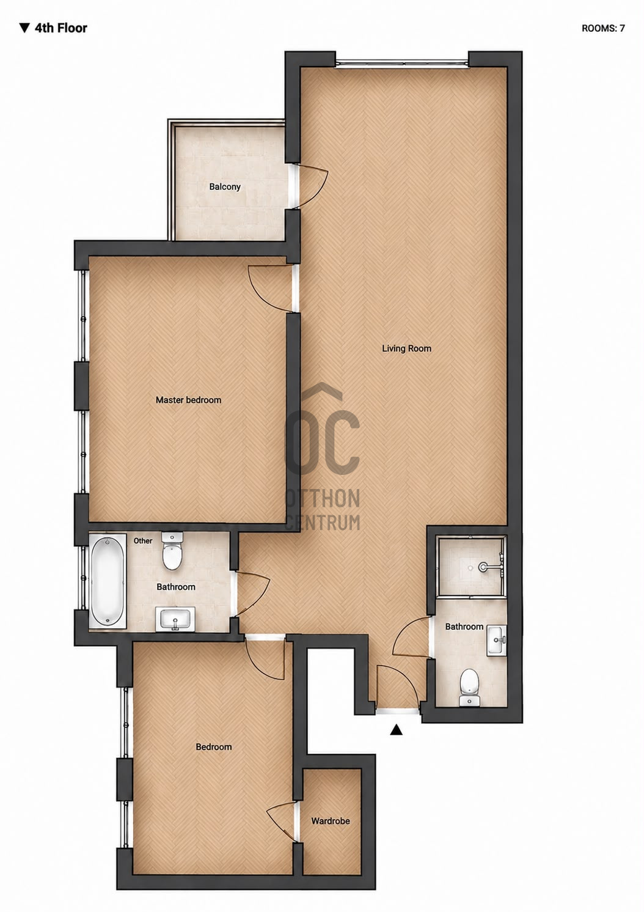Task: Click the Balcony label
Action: (225, 187)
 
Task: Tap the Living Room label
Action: (406, 348)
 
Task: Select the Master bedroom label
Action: (188, 400)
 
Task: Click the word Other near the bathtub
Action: (143, 541)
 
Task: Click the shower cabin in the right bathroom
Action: (471, 567)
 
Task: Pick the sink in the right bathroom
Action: (497, 641)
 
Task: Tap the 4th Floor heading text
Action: (53, 28)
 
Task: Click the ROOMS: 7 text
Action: (603, 28)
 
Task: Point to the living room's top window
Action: (401, 64)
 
